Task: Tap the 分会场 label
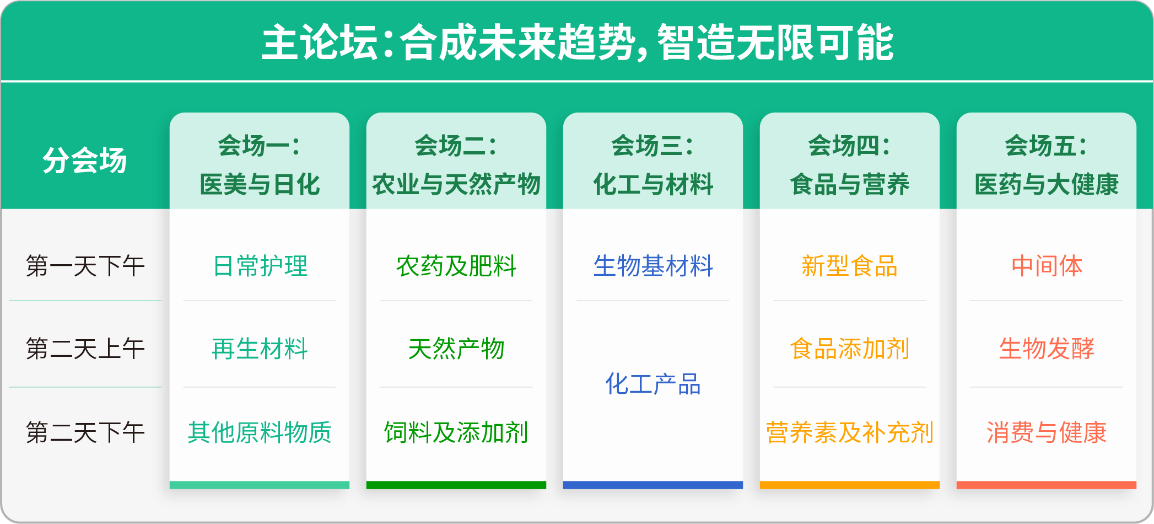(x=84, y=161)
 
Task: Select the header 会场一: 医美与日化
(x=260, y=165)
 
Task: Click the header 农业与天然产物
(x=456, y=184)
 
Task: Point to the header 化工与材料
(x=653, y=184)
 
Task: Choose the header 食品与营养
(x=849, y=184)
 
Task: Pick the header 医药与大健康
(x=1046, y=184)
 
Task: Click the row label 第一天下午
(x=85, y=266)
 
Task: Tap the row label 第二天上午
(x=85, y=349)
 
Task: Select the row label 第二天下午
(x=85, y=432)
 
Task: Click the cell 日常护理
(x=260, y=266)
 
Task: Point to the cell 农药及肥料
(x=456, y=266)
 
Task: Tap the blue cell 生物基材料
(x=653, y=266)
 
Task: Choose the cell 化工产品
(x=653, y=384)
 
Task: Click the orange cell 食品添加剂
(x=849, y=349)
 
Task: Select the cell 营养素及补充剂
(x=849, y=432)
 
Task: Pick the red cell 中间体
(x=1046, y=266)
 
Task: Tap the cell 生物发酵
(x=1046, y=349)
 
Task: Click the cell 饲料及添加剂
(x=456, y=432)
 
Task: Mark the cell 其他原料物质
(x=260, y=432)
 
